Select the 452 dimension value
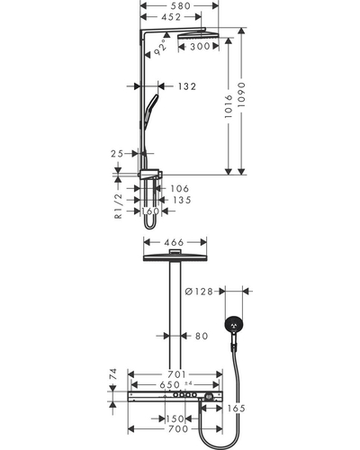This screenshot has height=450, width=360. pos(171,17)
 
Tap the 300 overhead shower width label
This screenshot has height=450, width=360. pos(200,46)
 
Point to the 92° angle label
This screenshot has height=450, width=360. pos(160,48)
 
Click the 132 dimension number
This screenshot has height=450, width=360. pos(187,86)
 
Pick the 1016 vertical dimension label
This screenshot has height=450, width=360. pos(229,106)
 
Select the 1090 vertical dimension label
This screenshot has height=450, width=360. pos(241,94)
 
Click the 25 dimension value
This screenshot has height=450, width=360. pos(117,154)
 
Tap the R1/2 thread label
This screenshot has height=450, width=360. pos(119,206)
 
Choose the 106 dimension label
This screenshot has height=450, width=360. pos(180,188)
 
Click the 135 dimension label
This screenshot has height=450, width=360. pos(182,200)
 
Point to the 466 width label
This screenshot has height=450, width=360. pos(174,242)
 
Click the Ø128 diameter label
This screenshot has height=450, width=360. pos(199,292)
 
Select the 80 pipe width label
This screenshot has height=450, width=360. pos(202,336)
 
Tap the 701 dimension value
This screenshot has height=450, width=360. pos(176,374)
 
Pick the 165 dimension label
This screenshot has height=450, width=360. pos(236,409)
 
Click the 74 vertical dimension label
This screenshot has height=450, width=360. pos(112,374)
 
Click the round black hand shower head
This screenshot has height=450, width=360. pos(234,325)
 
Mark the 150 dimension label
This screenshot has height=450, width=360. pos(175,418)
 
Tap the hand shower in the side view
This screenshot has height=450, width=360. pos(150,111)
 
